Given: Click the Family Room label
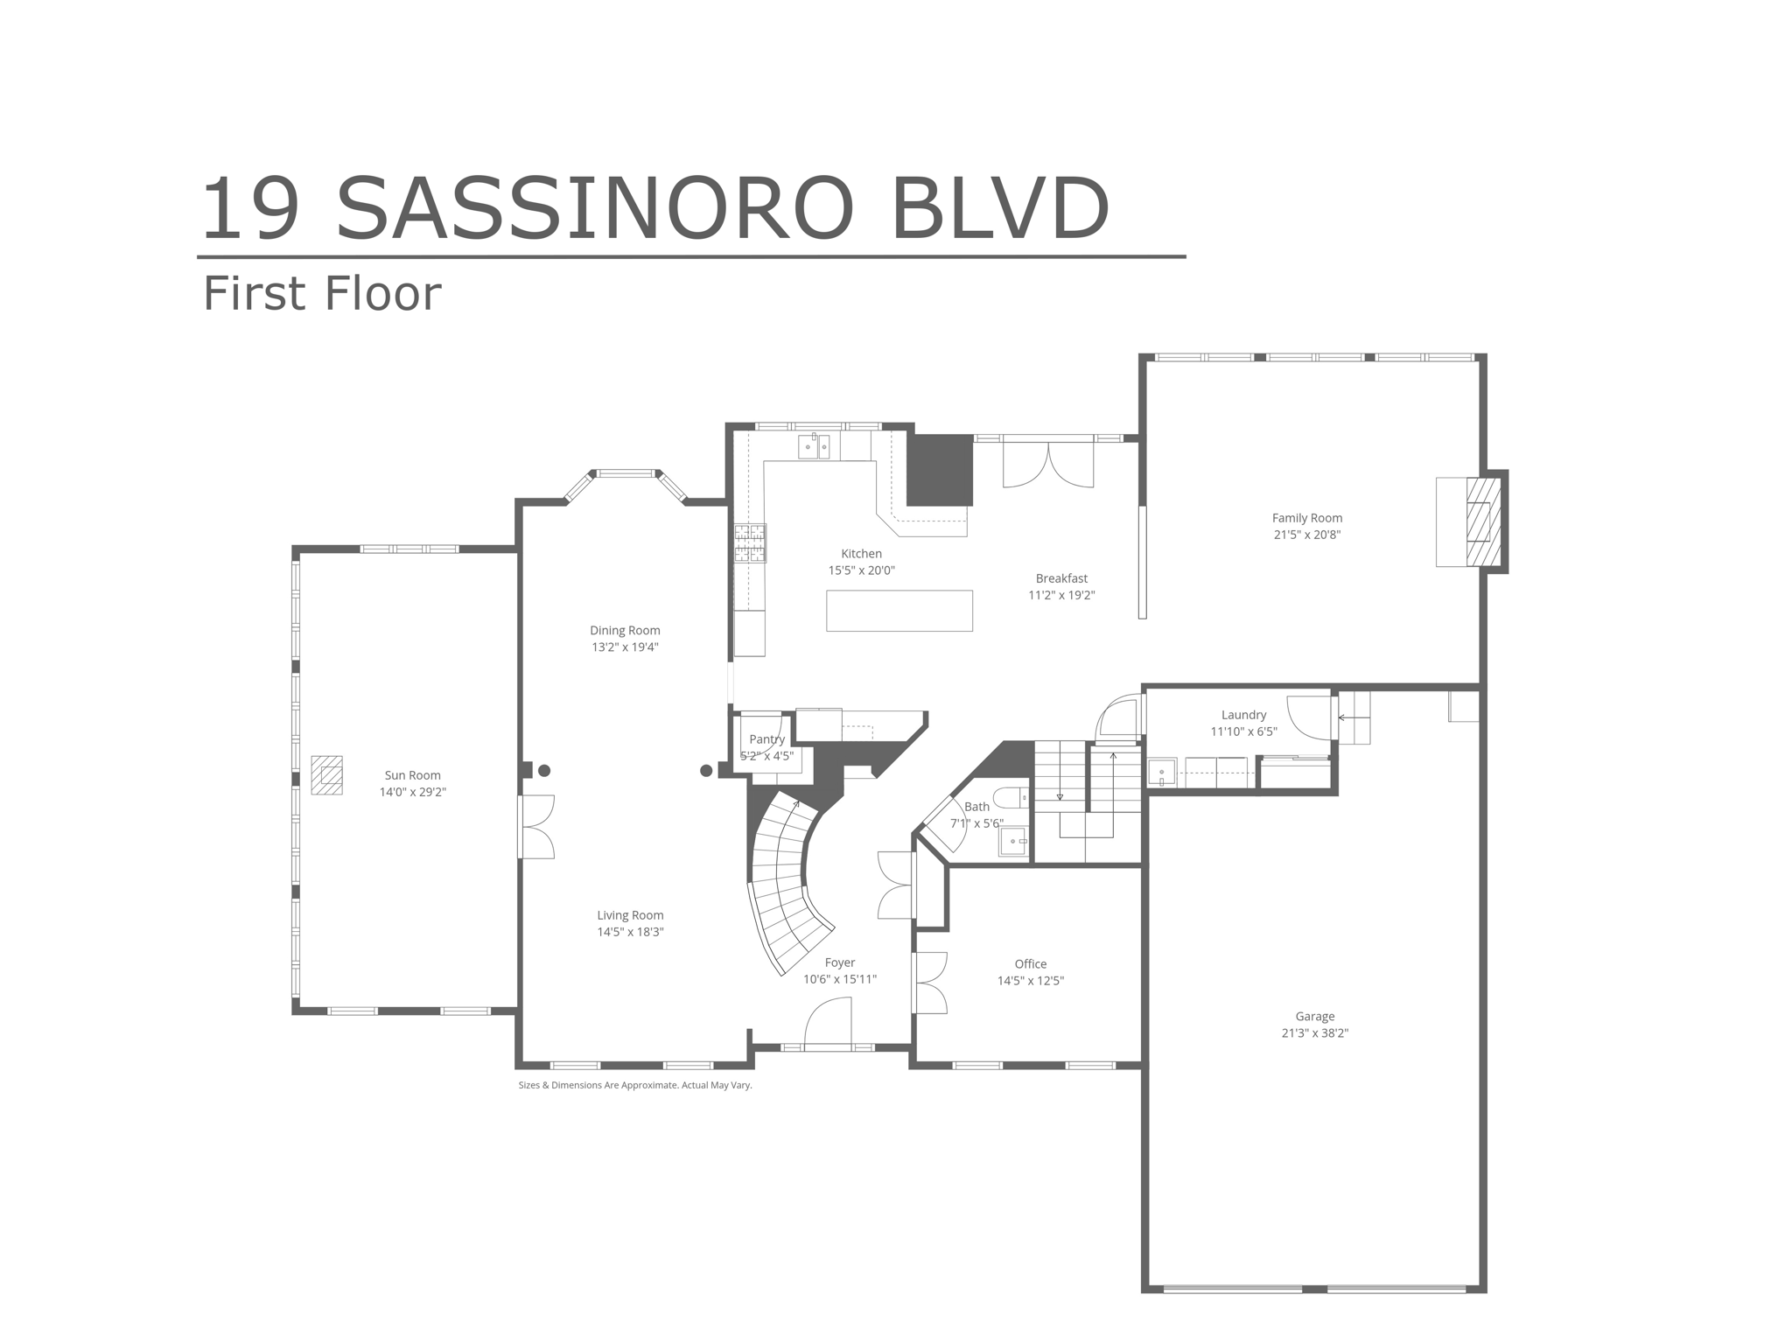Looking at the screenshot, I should point(1306,518).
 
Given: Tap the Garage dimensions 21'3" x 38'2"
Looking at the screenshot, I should point(1314,1032).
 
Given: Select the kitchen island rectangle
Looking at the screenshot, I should point(899,611).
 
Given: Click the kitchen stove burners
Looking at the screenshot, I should point(750,542).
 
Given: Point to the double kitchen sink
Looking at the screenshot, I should point(814,447).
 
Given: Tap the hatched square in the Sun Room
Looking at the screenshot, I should point(326,775).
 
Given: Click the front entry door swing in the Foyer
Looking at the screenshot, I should point(827,1024).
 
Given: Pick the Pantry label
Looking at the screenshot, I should point(766,739).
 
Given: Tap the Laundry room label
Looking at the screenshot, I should point(1243,715).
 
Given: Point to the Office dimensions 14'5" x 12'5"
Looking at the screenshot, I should point(1030,981).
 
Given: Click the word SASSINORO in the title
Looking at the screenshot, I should point(595,210).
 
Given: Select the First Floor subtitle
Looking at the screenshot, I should point(322,294).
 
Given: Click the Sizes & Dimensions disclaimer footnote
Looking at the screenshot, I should point(634,1085).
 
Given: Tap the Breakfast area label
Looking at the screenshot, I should point(1061,578).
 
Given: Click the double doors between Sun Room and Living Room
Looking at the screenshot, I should point(536,826).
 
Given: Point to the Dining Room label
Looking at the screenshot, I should point(625,630).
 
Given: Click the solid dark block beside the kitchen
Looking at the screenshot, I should point(939,470).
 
